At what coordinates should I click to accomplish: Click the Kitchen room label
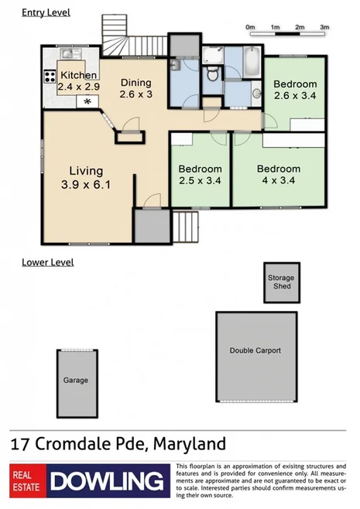click(79, 75)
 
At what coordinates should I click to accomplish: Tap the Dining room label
click(135, 83)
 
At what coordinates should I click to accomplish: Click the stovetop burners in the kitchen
click(50, 77)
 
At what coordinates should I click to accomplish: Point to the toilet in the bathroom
click(211, 76)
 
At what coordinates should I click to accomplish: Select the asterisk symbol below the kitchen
click(87, 102)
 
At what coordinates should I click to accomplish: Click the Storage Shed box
click(281, 282)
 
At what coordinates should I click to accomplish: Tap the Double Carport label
click(255, 350)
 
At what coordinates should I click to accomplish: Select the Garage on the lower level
click(76, 380)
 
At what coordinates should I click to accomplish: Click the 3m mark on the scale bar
click(324, 27)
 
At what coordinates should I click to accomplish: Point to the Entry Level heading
click(46, 12)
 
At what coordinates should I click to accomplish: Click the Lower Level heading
click(48, 262)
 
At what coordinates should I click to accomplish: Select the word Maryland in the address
click(190, 444)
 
